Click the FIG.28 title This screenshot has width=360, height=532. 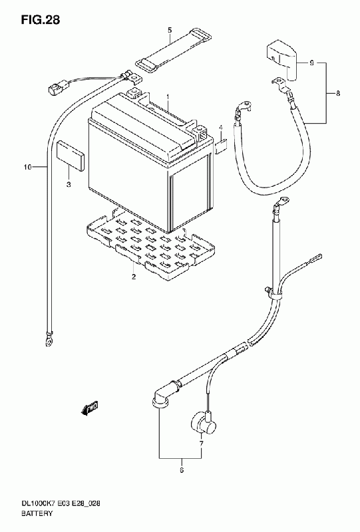tap(41, 20)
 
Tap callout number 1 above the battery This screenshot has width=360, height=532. tap(168, 97)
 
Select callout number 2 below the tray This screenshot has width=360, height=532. tap(134, 277)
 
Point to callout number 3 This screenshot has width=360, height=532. tap(69, 185)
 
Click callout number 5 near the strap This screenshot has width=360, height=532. tap(170, 31)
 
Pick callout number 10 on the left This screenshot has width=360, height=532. tap(27, 167)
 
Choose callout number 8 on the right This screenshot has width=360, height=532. tap(338, 93)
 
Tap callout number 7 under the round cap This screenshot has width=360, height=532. tap(201, 444)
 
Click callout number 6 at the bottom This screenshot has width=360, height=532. tap(182, 470)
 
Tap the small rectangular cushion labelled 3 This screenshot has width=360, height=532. tap(71, 156)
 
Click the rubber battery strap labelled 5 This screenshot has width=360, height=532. tap(172, 49)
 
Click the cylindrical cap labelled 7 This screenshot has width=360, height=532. tap(203, 423)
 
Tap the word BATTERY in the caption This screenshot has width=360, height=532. tap(37, 513)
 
